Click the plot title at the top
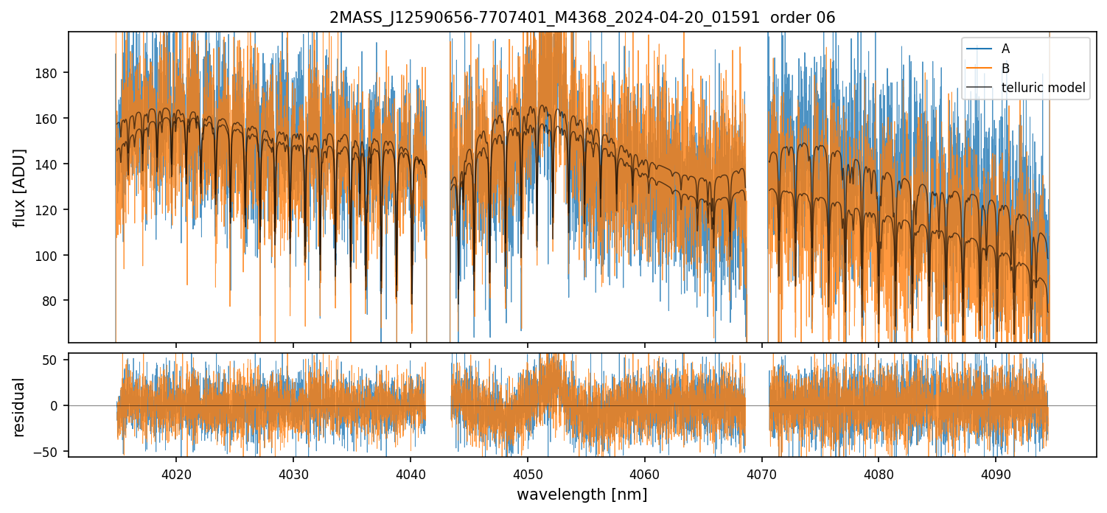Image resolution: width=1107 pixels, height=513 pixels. [582, 18]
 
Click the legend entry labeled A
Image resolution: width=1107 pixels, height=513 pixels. [1005, 49]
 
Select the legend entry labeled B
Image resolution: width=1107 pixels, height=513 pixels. [1005, 69]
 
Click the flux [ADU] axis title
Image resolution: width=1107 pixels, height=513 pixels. [20, 187]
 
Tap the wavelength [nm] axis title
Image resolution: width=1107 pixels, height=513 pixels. [582, 495]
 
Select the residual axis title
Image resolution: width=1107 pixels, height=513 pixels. [20, 407]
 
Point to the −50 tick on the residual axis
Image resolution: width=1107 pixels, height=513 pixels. [55, 451]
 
